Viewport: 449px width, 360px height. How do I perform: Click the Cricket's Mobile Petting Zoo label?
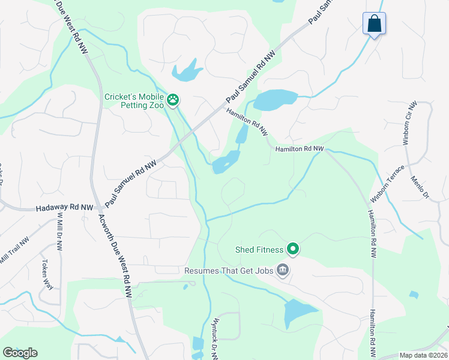point(134,97)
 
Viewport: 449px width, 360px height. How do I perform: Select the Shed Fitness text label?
point(259,248)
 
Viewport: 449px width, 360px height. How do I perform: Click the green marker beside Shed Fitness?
point(293,248)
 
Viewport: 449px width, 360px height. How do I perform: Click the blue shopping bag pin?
point(374,24)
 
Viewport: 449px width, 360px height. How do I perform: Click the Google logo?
point(20,353)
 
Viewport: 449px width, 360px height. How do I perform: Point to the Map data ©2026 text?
point(423,355)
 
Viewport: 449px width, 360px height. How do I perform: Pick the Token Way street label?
point(48,274)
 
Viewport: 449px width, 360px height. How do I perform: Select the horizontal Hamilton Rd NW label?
point(300,149)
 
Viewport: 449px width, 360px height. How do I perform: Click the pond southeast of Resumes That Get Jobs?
point(298,313)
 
